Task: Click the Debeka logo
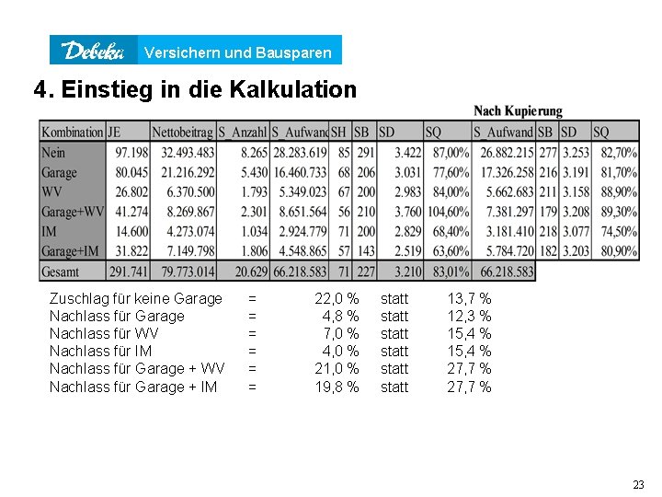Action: [93, 51]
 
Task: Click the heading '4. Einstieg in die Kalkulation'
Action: [194, 90]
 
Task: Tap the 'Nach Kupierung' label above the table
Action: [518, 111]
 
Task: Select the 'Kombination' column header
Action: [73, 132]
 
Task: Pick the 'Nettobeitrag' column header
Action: [183, 132]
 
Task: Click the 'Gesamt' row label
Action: [61, 272]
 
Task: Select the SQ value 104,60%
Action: [447, 212]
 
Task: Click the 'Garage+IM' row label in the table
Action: [70, 251]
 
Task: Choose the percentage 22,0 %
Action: [337, 298]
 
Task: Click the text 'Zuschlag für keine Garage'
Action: [135, 298]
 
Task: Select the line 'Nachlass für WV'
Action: [102, 333]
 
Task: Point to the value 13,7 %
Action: [469, 298]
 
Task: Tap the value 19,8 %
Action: [337, 387]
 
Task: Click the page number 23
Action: [638, 485]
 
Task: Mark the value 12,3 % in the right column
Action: [469, 316]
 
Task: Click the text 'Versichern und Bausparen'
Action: [238, 52]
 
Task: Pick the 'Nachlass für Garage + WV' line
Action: [136, 368]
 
